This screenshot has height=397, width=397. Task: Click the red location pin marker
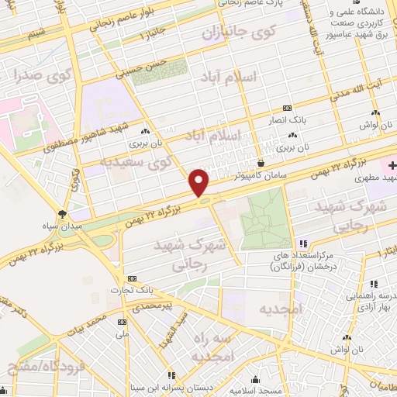199,182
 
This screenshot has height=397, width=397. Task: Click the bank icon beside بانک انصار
287,108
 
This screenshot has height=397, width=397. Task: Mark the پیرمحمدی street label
156,306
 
